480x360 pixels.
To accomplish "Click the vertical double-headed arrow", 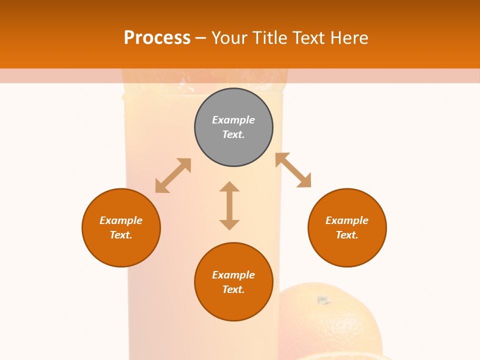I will [229, 205].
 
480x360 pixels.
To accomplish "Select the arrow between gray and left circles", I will [173, 175].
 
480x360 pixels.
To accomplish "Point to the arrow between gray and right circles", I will [293, 170].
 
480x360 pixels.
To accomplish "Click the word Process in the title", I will [157, 37].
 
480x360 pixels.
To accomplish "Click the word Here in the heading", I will [349, 37].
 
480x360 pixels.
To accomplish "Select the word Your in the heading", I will [229, 37].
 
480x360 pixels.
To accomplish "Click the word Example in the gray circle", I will [233, 120].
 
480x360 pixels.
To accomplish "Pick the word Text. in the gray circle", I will [233, 134].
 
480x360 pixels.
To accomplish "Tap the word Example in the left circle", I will [121, 220].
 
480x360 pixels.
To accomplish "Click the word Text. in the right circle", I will [347, 235].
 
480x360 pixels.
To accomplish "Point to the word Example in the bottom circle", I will [233, 275].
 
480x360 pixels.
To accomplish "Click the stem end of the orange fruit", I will [323, 300].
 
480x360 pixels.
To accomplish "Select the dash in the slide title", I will [201, 37].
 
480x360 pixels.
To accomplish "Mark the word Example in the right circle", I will [347, 220].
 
